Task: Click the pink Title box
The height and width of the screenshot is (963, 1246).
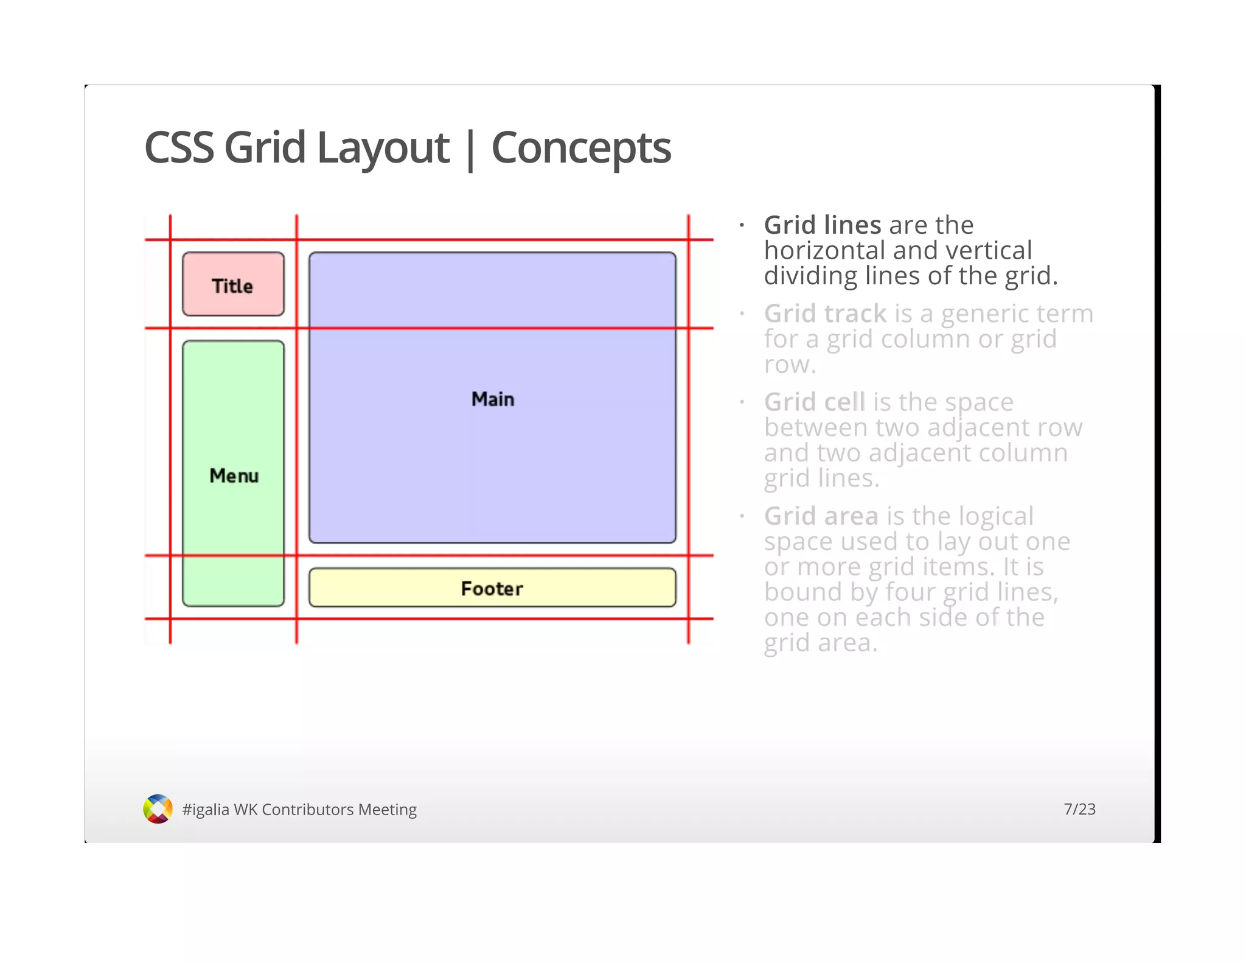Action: tap(233, 284)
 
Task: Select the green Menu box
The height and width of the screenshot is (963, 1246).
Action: tap(233, 473)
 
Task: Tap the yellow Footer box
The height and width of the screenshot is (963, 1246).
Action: tap(492, 587)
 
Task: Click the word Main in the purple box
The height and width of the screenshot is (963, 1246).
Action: tap(493, 399)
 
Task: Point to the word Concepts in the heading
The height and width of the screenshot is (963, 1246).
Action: tap(580, 148)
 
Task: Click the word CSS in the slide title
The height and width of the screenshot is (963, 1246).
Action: tap(179, 148)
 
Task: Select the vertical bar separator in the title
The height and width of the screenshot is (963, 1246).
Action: tap(470, 150)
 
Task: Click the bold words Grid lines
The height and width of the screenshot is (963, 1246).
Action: tap(822, 225)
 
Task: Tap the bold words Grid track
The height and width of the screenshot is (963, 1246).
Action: tap(825, 314)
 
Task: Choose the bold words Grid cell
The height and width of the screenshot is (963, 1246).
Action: tap(814, 402)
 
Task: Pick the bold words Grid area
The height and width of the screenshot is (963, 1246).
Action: tap(821, 516)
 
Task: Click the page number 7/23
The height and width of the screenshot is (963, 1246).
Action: tap(1079, 809)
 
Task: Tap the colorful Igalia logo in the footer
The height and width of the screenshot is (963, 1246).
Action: tap(158, 809)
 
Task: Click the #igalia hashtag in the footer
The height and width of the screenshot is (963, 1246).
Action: tap(206, 810)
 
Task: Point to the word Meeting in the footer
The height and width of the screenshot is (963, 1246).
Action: tap(387, 810)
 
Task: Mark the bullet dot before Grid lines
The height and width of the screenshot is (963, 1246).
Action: tap(742, 226)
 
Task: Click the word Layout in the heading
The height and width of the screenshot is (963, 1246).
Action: tap(383, 148)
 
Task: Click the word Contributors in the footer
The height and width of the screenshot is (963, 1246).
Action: tap(307, 810)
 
